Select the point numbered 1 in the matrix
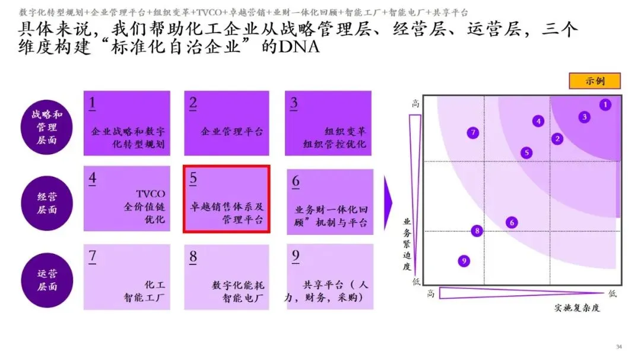(605, 105)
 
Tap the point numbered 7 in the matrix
(473, 133)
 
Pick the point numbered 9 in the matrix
(464, 260)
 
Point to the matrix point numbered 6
(512, 222)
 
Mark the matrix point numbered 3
(585, 117)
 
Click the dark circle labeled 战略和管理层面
(47, 126)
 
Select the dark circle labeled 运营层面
(47, 280)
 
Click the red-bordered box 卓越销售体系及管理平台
(227, 199)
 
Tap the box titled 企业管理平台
(227, 123)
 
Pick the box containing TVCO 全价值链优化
(126, 199)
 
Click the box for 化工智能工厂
(126, 276)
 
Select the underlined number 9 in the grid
(295, 257)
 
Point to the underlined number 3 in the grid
(294, 103)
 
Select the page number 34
(619, 346)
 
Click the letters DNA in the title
(300, 47)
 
